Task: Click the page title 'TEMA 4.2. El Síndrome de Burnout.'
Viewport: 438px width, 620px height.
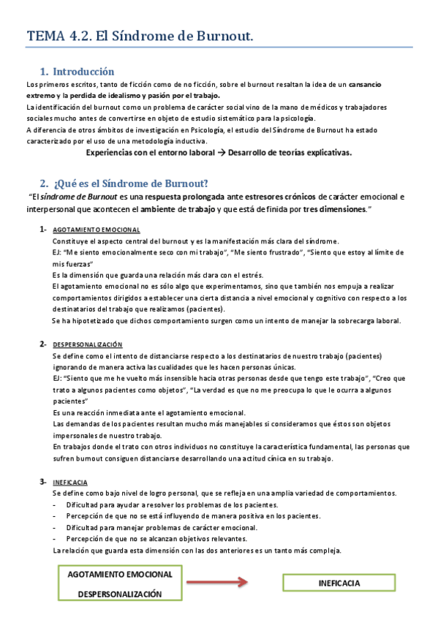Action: click(140, 34)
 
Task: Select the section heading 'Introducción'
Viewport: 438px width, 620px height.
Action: click(83, 72)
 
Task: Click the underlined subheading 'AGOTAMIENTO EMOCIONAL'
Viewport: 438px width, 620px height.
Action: click(97, 230)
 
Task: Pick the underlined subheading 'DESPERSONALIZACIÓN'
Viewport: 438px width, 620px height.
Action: click(88, 344)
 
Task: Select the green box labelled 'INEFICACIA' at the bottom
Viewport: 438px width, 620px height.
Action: click(339, 583)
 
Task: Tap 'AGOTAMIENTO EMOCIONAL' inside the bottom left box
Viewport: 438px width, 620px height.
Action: click(120, 574)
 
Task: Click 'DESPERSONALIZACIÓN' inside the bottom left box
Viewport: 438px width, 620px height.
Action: click(120, 594)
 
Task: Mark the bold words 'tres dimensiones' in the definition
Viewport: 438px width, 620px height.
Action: click(333, 208)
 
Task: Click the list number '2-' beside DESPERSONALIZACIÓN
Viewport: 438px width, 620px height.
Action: click(44, 344)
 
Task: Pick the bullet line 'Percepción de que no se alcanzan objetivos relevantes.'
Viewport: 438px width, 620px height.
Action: click(156, 539)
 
